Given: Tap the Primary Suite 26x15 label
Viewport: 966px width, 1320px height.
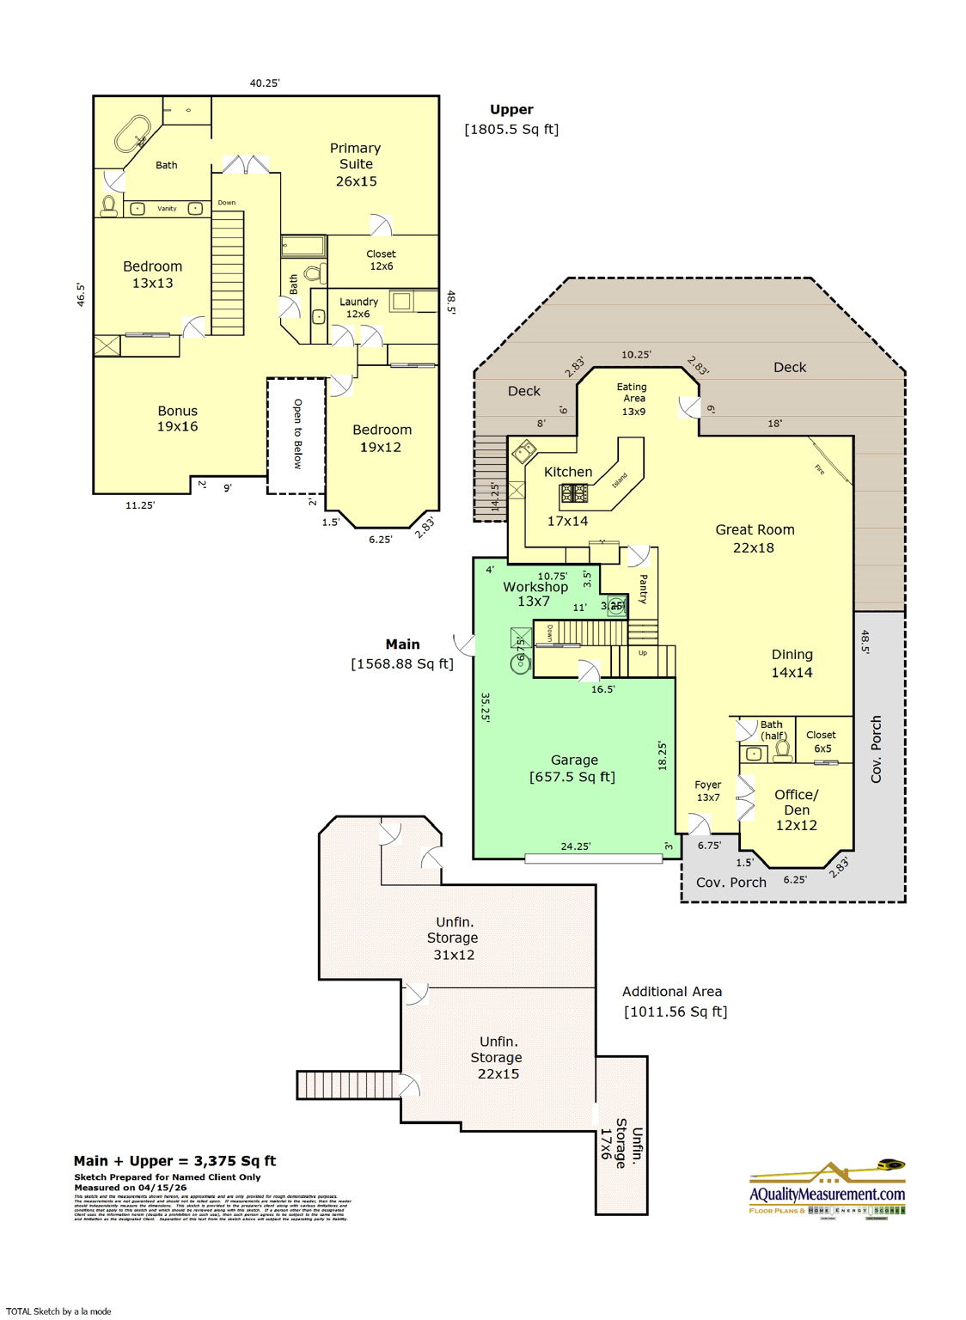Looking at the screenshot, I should click(356, 164).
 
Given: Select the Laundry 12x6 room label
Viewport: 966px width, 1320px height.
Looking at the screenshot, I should click(358, 308).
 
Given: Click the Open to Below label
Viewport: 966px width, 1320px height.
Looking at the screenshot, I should click(297, 434).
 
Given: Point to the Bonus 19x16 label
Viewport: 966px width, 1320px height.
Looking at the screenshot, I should click(177, 419).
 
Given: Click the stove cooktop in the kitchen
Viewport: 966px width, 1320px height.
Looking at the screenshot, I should click(573, 493).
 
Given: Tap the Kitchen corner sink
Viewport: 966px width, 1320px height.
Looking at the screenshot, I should click(523, 452).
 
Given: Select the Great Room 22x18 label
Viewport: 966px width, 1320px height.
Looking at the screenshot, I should click(755, 539).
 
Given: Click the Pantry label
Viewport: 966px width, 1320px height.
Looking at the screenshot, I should click(643, 590).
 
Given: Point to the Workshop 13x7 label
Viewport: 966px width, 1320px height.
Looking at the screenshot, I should click(535, 594).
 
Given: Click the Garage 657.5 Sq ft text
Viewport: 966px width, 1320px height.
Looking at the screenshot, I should click(573, 768).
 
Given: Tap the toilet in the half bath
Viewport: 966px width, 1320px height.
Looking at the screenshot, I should click(782, 750).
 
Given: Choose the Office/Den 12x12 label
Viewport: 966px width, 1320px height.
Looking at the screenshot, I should click(796, 810).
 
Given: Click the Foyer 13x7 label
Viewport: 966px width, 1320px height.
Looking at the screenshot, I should click(708, 791).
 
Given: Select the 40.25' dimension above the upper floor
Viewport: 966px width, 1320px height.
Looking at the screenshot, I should click(265, 83).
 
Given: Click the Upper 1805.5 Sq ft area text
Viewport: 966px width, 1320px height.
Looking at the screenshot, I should click(511, 119).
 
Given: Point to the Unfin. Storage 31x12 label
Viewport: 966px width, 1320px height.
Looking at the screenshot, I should click(454, 938).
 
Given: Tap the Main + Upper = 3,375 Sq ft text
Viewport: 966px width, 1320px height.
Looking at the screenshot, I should click(175, 1161).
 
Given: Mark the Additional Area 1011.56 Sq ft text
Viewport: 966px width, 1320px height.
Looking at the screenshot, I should click(675, 1002).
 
